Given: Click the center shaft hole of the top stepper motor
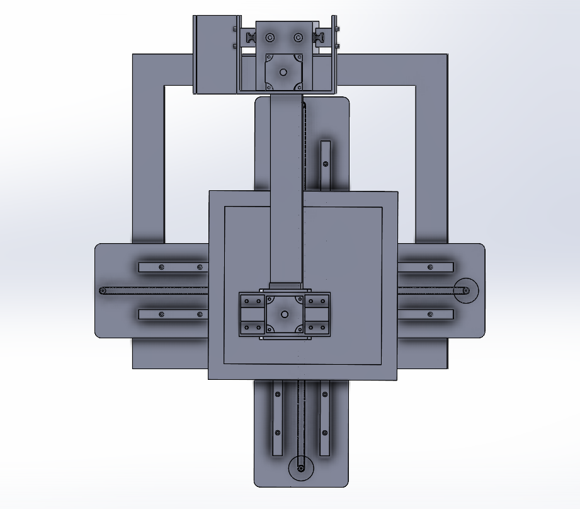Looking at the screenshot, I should coord(283,72).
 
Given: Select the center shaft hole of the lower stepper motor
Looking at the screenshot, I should coord(284,313).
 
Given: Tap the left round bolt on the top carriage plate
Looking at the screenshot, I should coord(270,38).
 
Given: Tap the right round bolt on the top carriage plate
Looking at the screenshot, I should coord(298,38).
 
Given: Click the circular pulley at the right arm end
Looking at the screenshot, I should coord(467,290).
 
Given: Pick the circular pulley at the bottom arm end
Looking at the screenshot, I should coord(300,469).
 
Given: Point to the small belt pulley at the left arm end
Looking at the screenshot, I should coord(103,290).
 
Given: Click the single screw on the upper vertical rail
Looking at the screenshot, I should coord(325,164).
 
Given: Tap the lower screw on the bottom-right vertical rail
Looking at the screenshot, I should coord(325,433).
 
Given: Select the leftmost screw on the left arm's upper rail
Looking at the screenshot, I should coord(162,267).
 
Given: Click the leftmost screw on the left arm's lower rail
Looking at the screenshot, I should coord(162,314).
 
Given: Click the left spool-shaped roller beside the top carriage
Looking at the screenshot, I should coord(251,38).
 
